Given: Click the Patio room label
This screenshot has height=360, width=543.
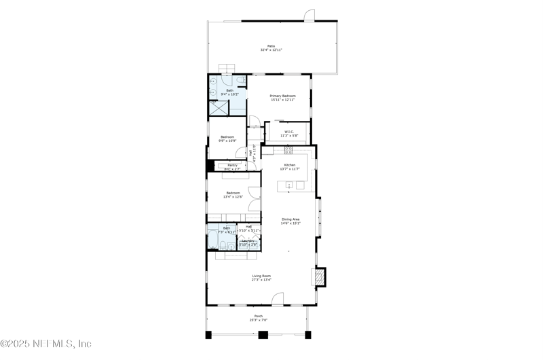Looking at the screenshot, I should click(x=271, y=46).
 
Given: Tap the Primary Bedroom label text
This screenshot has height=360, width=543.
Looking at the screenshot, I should click(x=282, y=96).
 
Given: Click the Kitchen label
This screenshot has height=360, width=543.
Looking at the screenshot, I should click(x=290, y=165).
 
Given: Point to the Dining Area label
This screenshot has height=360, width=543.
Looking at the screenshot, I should click(x=291, y=219).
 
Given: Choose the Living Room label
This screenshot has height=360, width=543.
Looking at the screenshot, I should click(x=261, y=276).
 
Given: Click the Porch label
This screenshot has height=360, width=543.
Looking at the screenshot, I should click(x=258, y=316).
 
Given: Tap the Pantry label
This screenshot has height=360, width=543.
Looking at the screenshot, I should click(x=232, y=165).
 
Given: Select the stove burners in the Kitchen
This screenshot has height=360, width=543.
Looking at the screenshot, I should click(x=288, y=150).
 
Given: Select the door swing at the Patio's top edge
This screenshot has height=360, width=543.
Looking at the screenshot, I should click(x=310, y=15).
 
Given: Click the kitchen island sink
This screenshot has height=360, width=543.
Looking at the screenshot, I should click(x=289, y=184).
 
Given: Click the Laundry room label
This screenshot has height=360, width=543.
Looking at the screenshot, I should click(x=248, y=240).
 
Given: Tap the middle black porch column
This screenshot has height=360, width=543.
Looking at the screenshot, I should click(x=263, y=334).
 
